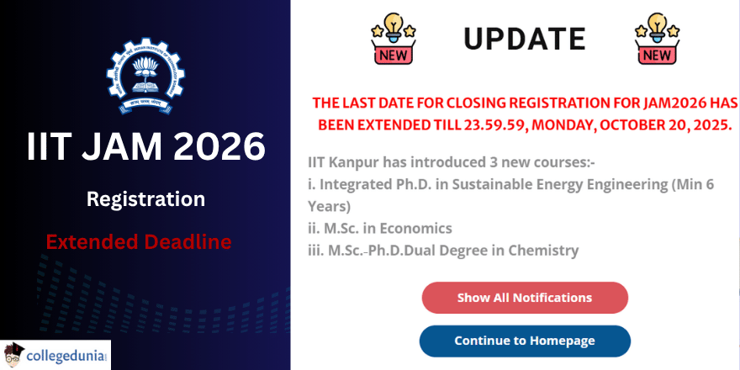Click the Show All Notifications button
524,298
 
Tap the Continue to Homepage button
524,341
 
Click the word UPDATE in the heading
524,39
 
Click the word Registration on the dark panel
145,199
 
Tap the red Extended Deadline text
139,242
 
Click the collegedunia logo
56,355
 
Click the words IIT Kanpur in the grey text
341,162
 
